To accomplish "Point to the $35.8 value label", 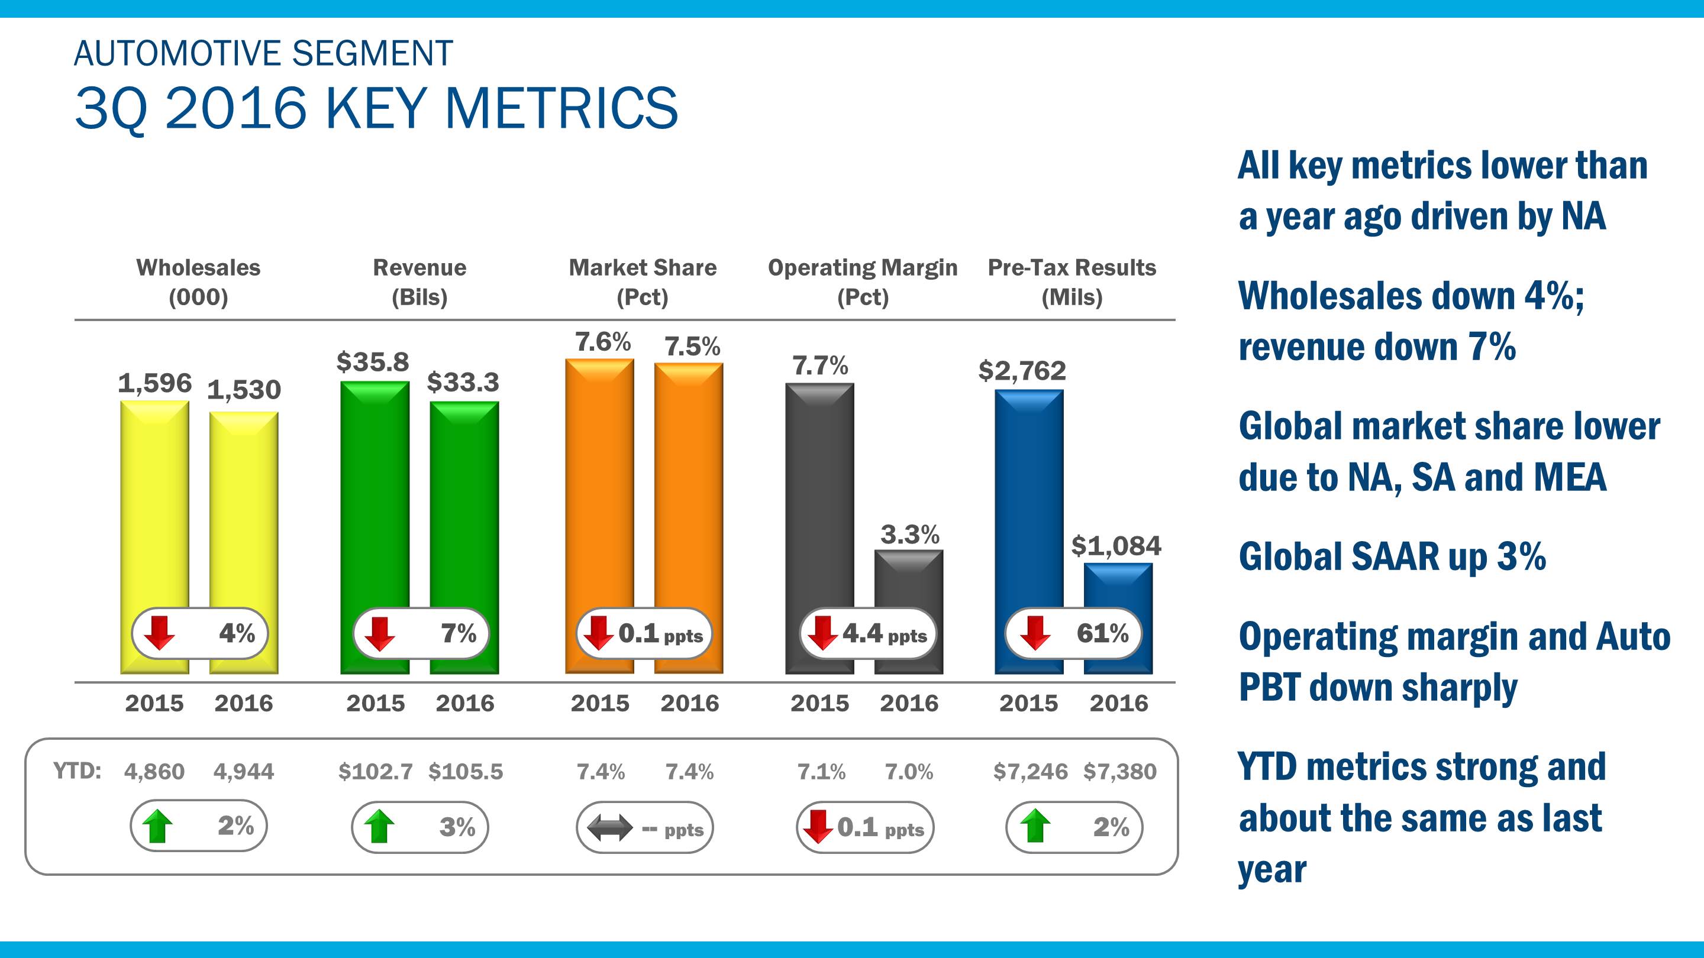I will (x=372, y=363).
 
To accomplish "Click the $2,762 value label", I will (x=1022, y=371).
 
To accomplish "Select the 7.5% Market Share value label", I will (x=692, y=347).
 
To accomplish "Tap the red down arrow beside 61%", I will (x=1035, y=633).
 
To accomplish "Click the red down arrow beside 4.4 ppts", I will (x=823, y=633).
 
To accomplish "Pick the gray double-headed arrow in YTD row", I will (x=609, y=828).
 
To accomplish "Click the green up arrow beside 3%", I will (x=379, y=827).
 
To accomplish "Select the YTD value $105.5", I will (x=466, y=772).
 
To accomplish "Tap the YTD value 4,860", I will (x=154, y=772).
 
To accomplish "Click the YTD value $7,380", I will (x=1120, y=772).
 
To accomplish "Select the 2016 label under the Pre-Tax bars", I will (x=1119, y=703).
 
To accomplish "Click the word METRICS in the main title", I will (x=561, y=108).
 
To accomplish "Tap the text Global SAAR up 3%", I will (x=1392, y=556).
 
